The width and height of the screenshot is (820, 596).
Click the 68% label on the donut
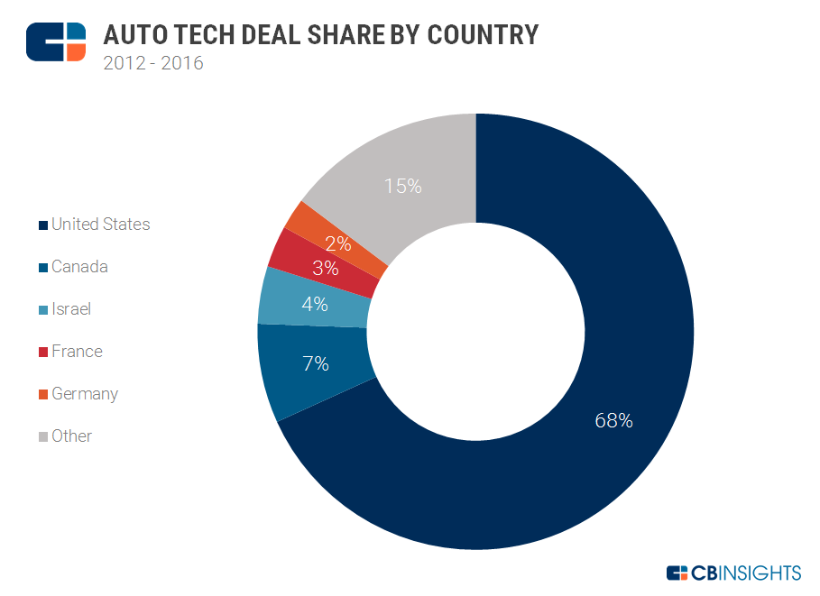613,420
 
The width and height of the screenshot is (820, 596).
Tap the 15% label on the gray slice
402,187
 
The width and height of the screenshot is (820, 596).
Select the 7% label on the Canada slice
315,364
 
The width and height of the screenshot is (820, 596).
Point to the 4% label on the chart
315,305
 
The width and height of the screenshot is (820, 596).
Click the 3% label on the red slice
325,268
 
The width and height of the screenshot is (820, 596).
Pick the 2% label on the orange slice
339,243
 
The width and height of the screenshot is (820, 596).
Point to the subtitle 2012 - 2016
153,64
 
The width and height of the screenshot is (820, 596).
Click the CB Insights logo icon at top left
56,41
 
